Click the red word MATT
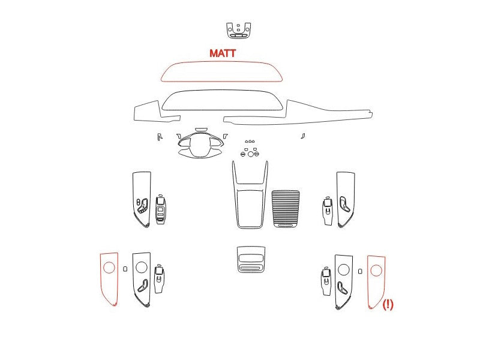click(x=223, y=53)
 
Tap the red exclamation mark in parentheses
click(x=388, y=305)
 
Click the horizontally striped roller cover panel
click(x=286, y=208)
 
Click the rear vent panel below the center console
click(x=251, y=259)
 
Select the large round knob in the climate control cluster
click(x=251, y=154)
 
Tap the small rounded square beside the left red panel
click(x=125, y=268)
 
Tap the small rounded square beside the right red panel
click(x=360, y=271)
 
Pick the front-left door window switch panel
click(x=161, y=209)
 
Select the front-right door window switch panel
click(x=327, y=211)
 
